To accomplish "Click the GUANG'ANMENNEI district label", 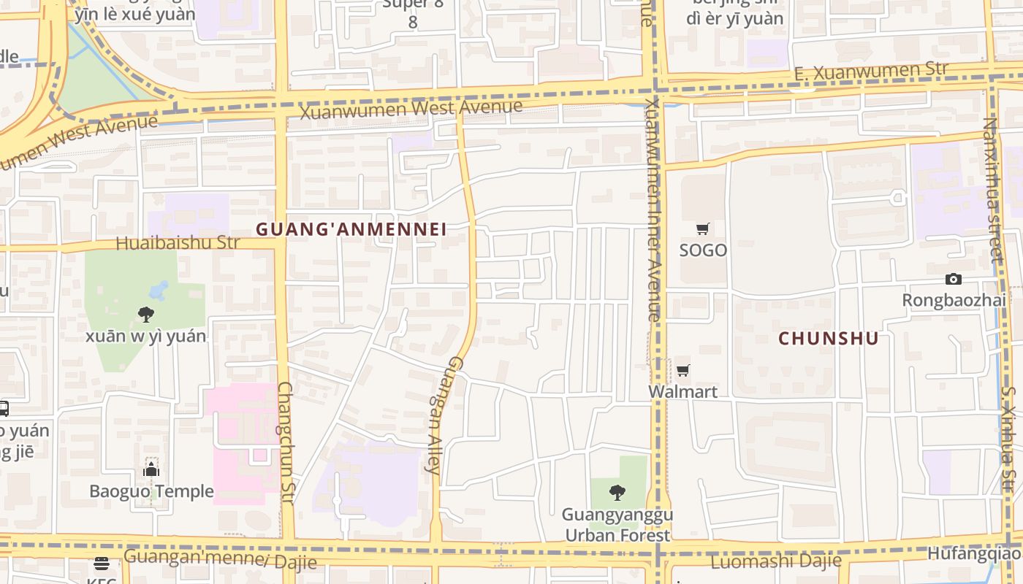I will [351, 229].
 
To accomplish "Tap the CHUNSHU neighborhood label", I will [828, 339].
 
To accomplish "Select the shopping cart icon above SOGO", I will [703, 229].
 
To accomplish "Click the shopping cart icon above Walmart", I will [683, 371].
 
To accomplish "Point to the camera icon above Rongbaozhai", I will [953, 279].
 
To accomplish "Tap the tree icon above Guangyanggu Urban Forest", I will [617, 493].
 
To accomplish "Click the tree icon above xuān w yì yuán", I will [146, 315].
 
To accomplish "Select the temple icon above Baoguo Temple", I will [151, 469].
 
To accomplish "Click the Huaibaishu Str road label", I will [178, 243].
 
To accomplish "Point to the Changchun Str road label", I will [286, 443].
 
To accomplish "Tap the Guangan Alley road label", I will [445, 415].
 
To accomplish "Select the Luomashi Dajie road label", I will [776, 561].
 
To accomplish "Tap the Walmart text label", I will [683, 392].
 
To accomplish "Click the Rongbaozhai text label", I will [954, 300].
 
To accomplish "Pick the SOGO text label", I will [703, 250].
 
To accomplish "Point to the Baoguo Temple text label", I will [151, 491].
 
